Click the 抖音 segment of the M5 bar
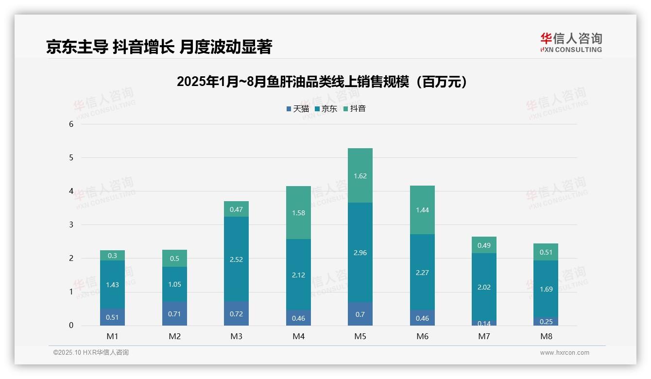point(360,175)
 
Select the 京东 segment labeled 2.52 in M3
point(237,259)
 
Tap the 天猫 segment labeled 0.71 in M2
point(175,314)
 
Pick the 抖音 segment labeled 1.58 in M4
point(298,212)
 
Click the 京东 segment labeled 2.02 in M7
point(484,287)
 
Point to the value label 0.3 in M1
point(112,256)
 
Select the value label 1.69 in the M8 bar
point(546,289)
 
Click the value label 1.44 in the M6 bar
point(422,210)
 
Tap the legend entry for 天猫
point(298,109)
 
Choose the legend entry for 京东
point(326,109)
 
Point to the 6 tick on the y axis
point(71,124)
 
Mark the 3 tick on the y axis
point(71,224)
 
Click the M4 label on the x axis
point(298,336)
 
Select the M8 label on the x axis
point(546,336)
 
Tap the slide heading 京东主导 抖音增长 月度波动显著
point(159,47)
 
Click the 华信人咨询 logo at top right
point(571,42)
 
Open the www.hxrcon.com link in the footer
point(565,353)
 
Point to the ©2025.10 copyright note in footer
point(91,353)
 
